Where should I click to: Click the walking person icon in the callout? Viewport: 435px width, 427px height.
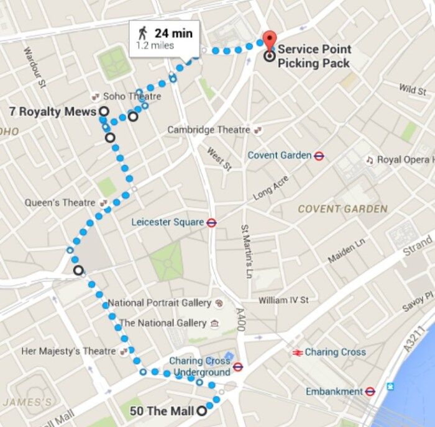[142, 33]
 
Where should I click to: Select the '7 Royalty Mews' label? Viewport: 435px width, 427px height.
[53, 111]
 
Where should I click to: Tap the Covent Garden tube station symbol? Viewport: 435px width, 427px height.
[319, 156]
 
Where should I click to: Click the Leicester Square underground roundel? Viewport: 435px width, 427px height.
[211, 222]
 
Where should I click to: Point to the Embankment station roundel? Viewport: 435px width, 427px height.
[370, 392]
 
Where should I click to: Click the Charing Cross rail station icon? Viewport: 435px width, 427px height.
[297, 352]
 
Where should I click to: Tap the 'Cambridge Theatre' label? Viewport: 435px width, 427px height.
[209, 130]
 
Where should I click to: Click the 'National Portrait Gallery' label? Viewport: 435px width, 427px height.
[160, 303]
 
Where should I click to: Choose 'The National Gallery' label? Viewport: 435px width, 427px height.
[163, 323]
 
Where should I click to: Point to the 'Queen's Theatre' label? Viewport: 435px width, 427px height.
[60, 203]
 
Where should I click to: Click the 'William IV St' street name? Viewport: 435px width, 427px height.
[283, 300]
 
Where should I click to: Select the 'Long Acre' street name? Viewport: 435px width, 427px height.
[272, 188]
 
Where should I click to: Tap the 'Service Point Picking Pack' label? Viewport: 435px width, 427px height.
[314, 56]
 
